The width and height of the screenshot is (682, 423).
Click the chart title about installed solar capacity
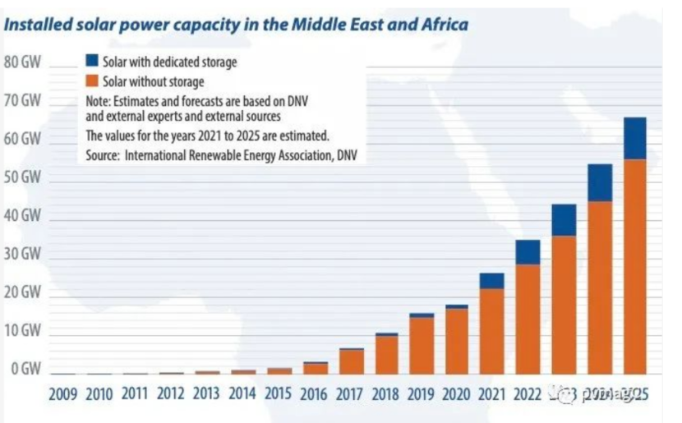pos(237,24)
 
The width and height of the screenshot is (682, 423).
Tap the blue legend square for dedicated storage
pos(92,61)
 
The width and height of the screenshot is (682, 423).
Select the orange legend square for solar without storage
pos(92,81)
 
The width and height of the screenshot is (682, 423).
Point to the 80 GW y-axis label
pos(23,62)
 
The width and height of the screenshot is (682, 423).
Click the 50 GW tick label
pos(23,178)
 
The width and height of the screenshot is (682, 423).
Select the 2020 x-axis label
pos(457,395)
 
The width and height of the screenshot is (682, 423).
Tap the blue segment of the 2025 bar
pos(634,138)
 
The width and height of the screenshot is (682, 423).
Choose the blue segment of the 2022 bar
pos(528,252)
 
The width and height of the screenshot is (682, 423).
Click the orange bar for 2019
pos(422,345)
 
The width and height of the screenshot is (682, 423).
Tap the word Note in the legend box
pos(96,99)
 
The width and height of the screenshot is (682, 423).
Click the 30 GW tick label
pos(23,255)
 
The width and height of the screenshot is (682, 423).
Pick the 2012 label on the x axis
pos(170,395)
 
